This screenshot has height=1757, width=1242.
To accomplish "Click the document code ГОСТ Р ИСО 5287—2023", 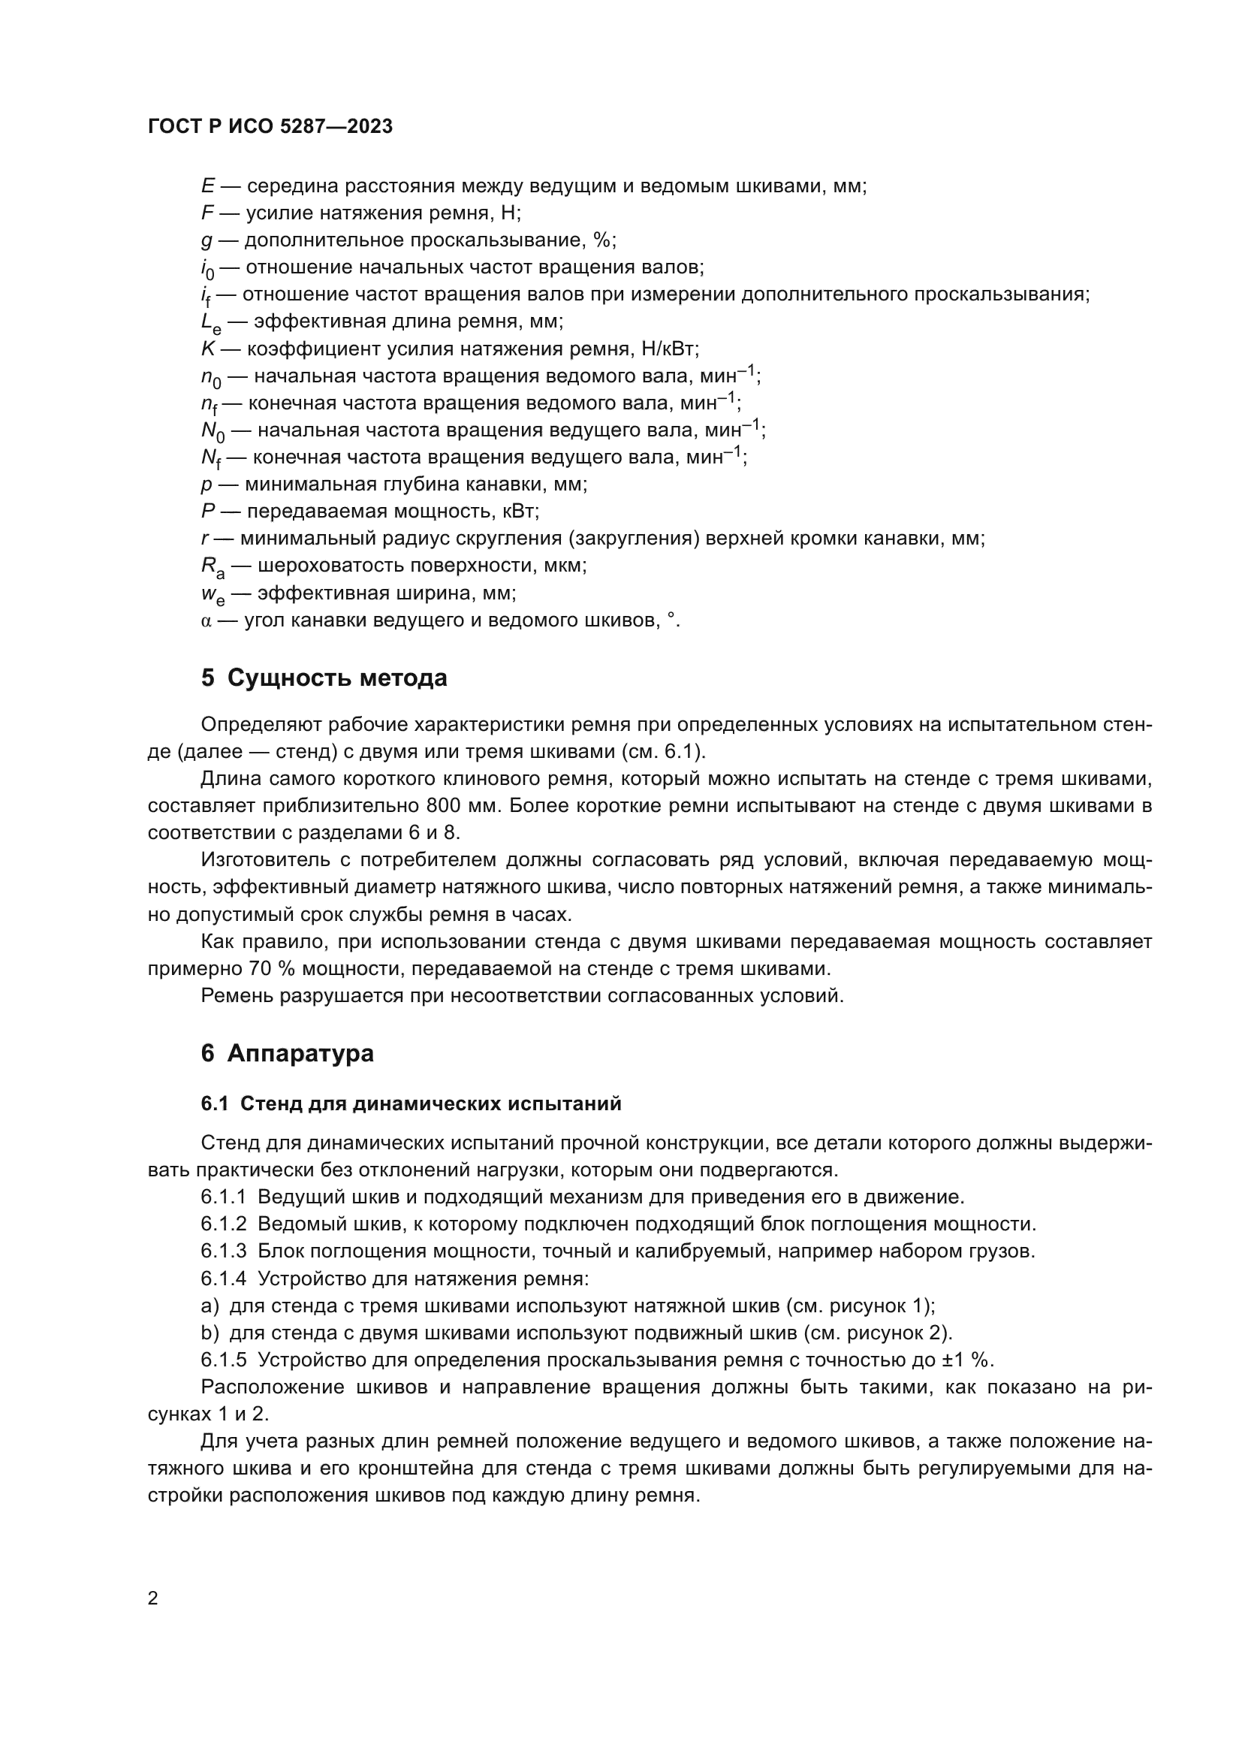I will coord(270,126).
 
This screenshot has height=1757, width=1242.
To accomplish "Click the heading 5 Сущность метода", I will coord(324,678).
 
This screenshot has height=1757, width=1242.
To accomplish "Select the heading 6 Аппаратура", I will coord(287,1053).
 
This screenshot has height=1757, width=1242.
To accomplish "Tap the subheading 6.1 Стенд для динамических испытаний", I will coord(411,1103).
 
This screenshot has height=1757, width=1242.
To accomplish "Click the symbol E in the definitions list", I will coord(207,186).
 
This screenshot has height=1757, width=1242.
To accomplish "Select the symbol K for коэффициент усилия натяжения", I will coord(208,349).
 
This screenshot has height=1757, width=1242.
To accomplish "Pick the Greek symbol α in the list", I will coord(206,620).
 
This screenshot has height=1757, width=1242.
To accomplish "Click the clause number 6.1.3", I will coord(223,1251).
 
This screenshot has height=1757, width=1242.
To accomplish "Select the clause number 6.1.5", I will coord(223,1360).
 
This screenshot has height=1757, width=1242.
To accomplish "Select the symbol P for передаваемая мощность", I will coord(208,512).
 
